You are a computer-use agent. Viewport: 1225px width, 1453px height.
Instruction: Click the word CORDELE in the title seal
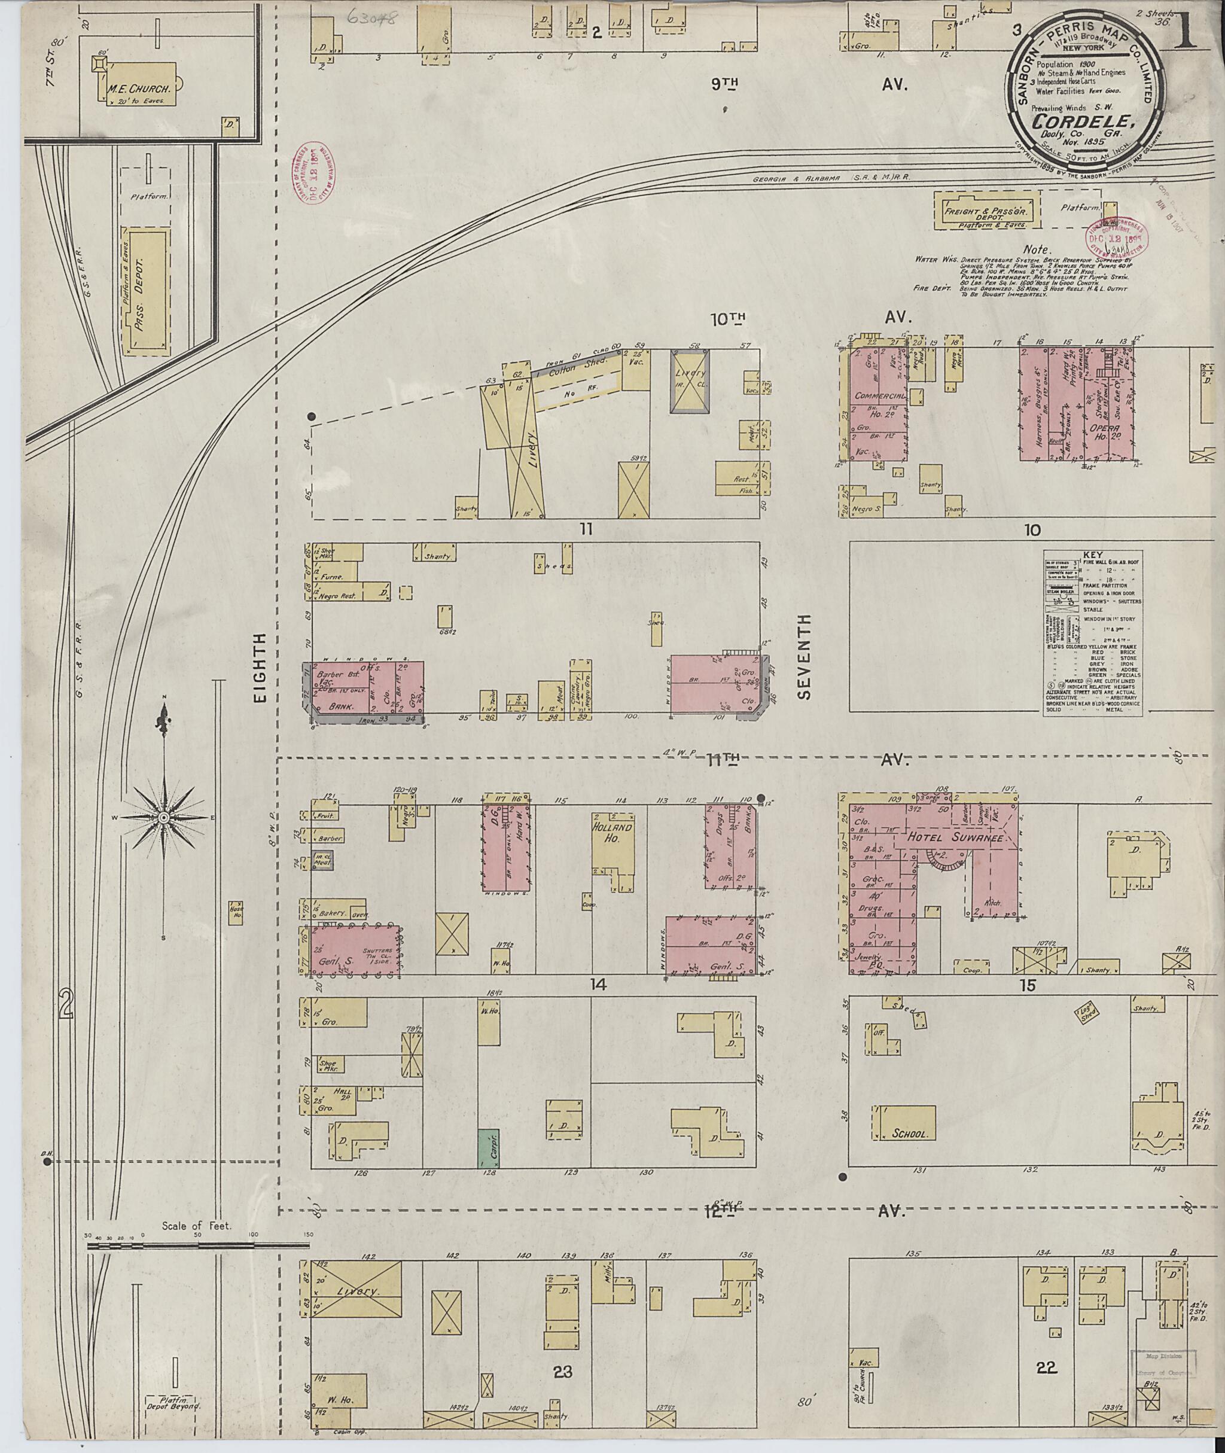point(1083,120)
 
